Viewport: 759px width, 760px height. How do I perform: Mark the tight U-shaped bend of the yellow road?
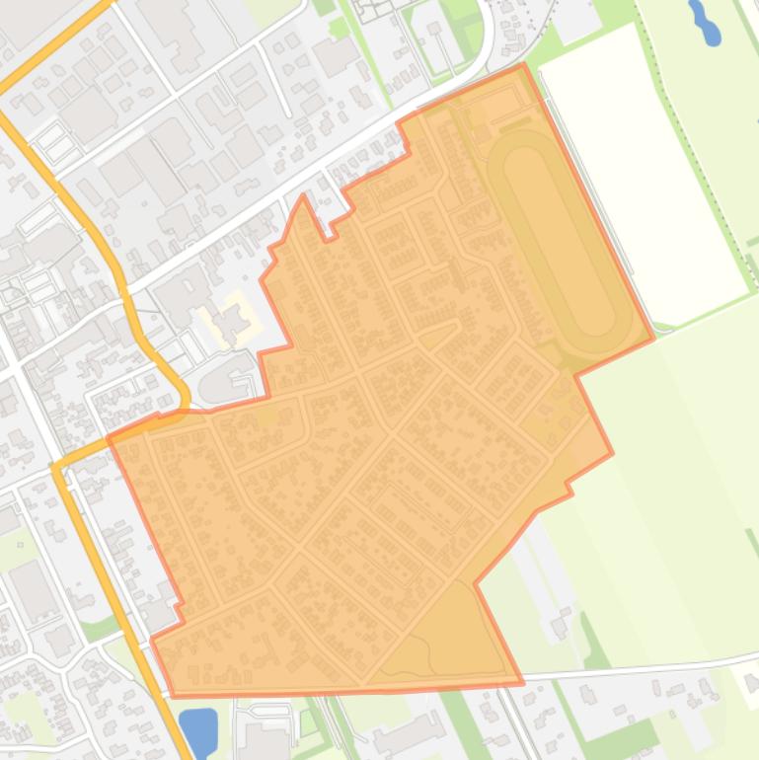tap(182, 395)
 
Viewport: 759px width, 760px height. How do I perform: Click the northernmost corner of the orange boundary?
tap(522, 65)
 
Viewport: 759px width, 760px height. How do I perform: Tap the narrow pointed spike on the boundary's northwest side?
tap(303, 196)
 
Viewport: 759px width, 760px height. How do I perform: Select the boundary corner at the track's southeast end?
tap(652, 339)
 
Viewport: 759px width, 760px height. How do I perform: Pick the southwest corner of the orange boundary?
tap(175, 695)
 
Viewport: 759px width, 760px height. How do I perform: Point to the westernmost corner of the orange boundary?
tap(109, 435)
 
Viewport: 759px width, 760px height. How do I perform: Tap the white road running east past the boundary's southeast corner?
tap(642, 669)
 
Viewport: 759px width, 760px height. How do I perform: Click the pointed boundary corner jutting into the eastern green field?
tap(612, 453)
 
